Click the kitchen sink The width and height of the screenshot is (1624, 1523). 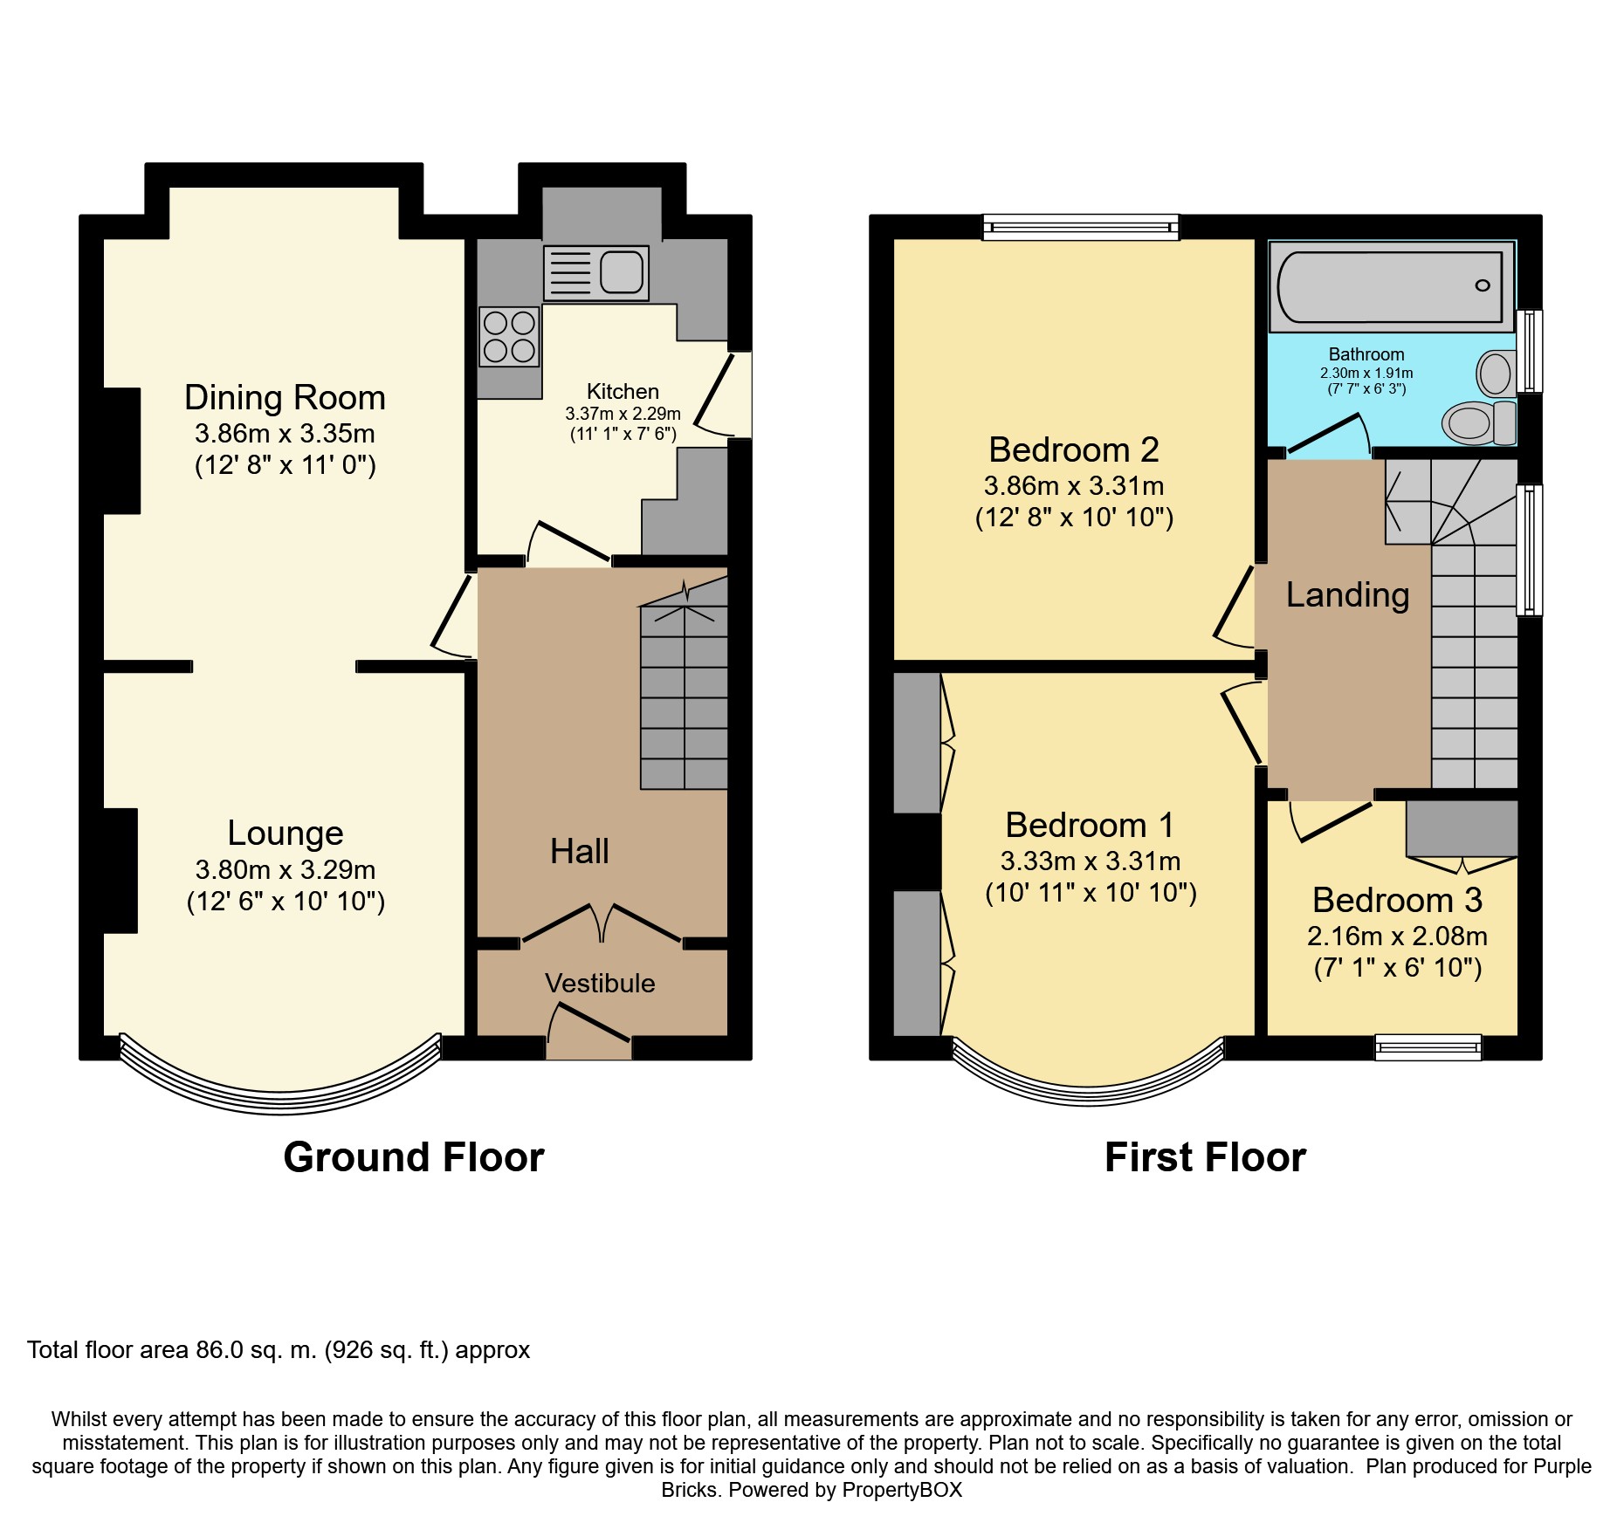596,272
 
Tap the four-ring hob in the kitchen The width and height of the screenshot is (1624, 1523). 509,337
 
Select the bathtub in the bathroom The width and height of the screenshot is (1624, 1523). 1392,286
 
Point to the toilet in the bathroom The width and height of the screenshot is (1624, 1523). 1480,423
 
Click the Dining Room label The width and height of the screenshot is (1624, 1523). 285,398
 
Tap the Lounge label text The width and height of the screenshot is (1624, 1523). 286,834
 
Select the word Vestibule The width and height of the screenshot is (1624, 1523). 600,984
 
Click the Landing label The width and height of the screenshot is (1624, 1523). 1347,595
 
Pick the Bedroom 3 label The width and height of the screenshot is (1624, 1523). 1398,900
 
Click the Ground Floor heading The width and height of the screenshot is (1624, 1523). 414,1157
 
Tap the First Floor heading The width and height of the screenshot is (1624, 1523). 1205,1157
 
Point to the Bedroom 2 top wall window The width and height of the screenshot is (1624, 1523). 1081,227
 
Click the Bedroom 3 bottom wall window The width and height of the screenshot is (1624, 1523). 1428,1047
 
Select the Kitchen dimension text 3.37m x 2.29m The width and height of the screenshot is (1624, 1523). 623,414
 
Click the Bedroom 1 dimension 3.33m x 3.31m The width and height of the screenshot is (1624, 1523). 1091,861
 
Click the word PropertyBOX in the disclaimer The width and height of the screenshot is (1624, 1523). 901,1490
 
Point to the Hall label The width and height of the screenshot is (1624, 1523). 580,851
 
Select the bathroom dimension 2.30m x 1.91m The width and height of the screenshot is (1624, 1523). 1366,373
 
